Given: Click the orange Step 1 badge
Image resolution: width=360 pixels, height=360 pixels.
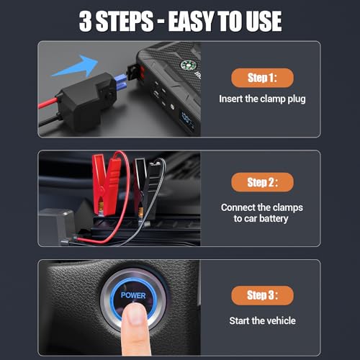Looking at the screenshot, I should (261, 76).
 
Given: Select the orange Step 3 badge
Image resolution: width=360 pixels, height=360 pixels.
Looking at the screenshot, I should (261, 295).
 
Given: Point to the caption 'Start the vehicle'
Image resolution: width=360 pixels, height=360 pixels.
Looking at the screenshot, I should (261, 320).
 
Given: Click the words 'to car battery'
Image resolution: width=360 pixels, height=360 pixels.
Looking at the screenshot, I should (261, 219).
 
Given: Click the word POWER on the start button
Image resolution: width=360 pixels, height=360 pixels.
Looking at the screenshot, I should (134, 295).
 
